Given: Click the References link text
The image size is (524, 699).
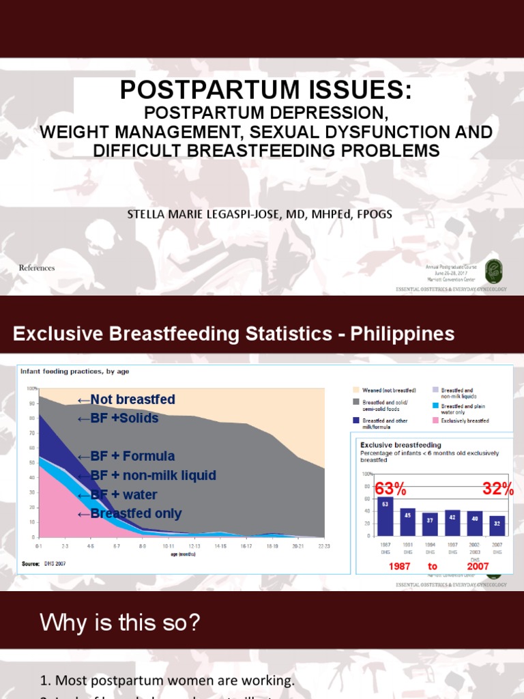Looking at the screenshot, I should click(37, 268).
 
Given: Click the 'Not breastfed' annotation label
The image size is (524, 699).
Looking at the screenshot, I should click(126, 400).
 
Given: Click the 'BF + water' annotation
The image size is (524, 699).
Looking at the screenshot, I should click(118, 495).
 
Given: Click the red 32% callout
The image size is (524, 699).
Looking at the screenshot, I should click(497, 489).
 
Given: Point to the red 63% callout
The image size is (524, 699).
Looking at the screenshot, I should click(391, 489).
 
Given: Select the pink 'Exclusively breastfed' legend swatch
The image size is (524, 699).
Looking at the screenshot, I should click(435, 421).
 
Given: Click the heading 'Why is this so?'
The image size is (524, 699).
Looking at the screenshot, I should click(119, 623).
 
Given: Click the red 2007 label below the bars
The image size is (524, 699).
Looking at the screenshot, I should click(479, 567).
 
